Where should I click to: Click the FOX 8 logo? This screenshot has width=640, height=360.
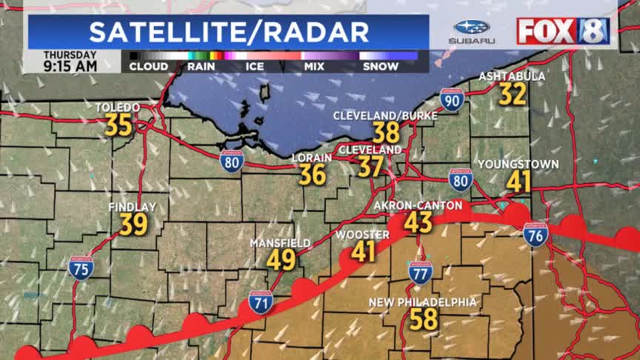coord(563,30)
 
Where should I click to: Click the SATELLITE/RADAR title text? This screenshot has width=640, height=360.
coord(229,32)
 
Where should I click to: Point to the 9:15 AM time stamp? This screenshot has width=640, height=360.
coord(70,66)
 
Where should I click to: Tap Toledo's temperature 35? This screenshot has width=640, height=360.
coord(119,124)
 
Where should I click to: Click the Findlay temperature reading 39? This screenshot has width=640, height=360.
coord(133,224)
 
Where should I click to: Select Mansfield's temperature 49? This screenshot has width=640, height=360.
coord(281,259)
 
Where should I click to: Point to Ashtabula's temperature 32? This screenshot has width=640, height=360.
coord(512,94)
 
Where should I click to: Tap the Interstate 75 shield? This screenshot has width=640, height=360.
coord(81,267)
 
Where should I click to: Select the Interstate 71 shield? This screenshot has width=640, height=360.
coord(260,301)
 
